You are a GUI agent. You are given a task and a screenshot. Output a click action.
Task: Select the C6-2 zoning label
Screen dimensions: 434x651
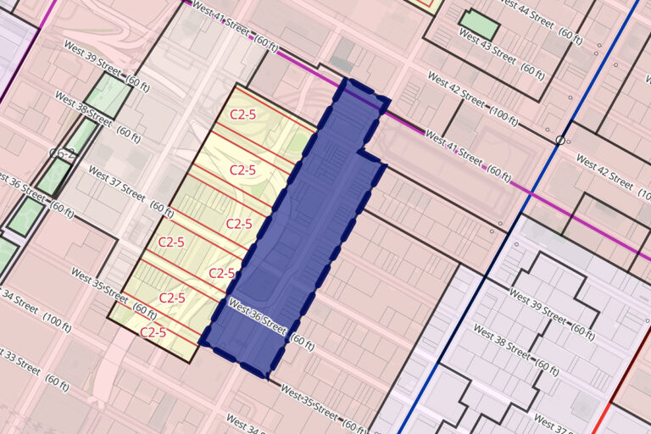pyautogui.click(x=63, y=153)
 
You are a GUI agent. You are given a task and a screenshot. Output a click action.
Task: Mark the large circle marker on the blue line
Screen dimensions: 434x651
pyautogui.click(x=560, y=139)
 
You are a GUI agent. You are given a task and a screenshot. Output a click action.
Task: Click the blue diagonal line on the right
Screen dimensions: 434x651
pyautogui.click(x=509, y=237)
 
